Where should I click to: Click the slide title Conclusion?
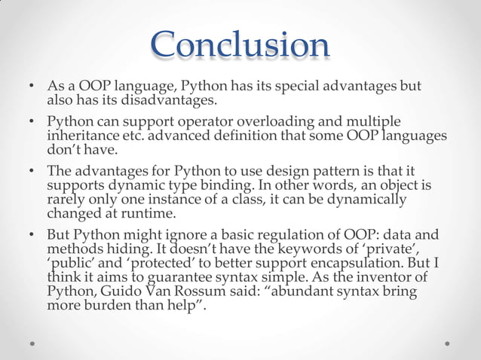(240, 44)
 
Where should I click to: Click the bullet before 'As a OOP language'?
(32, 87)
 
